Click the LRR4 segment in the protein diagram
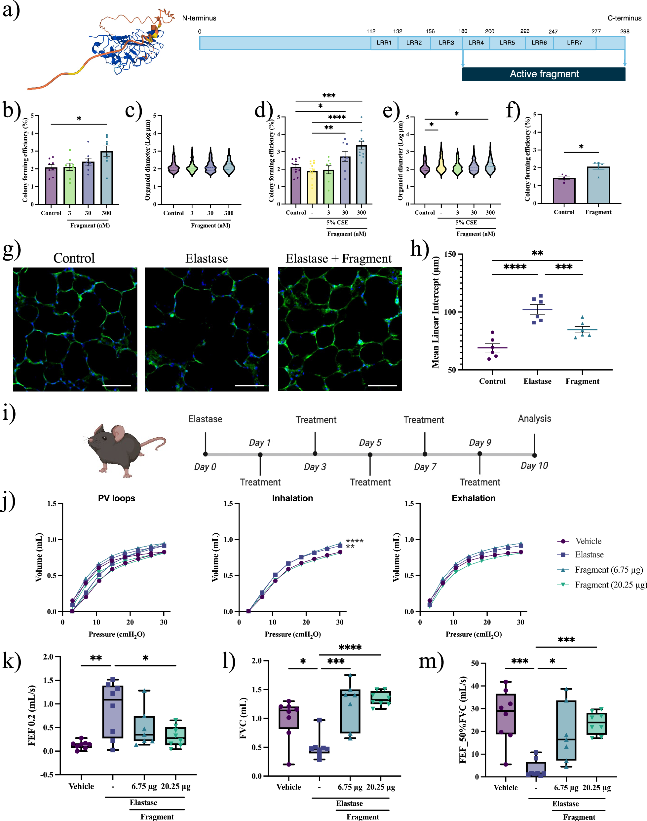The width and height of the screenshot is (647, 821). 476,43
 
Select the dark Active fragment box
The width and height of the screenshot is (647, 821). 544,74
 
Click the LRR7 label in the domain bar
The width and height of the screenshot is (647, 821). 574,43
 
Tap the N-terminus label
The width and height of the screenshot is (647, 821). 199,18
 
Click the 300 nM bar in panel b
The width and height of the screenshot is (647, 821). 106,178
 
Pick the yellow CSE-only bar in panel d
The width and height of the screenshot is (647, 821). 312,187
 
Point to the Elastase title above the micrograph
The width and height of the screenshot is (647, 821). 207,259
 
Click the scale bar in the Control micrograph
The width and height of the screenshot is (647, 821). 117,386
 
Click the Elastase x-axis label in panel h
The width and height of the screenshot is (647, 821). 537,381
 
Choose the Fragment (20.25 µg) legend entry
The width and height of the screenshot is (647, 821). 610,585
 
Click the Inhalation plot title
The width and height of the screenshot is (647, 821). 292,498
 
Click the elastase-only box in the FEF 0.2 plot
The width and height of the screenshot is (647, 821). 113,712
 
